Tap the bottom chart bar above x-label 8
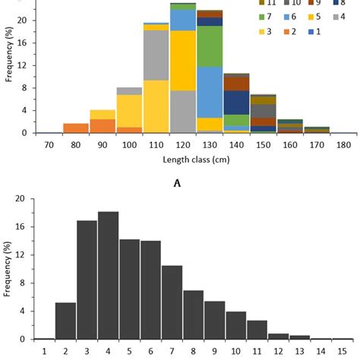pos(193,314)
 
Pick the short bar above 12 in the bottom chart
pos(278,336)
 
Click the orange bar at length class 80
pos(75,128)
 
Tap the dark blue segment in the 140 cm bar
pos(236,103)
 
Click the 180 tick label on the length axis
pos(343,144)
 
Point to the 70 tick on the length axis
pos(49,144)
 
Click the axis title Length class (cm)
pos(195,159)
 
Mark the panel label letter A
pos(196,182)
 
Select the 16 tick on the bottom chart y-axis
pos(23,226)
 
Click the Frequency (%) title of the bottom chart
pos(7,270)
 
